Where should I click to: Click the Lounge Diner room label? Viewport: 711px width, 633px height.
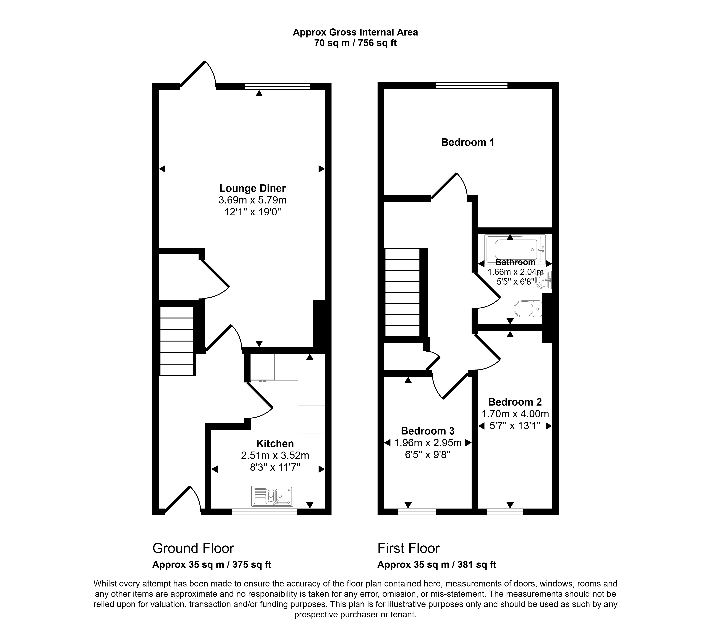click(252, 188)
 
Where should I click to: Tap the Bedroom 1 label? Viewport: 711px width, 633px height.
click(468, 142)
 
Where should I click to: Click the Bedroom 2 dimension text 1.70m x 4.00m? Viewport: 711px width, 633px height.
click(515, 414)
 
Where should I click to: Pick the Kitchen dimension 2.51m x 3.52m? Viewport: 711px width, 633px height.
click(275, 455)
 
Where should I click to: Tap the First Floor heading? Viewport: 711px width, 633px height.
click(408, 548)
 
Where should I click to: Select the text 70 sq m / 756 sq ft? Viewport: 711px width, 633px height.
click(355, 43)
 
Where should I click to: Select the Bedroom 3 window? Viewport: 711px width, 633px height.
click(417, 512)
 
